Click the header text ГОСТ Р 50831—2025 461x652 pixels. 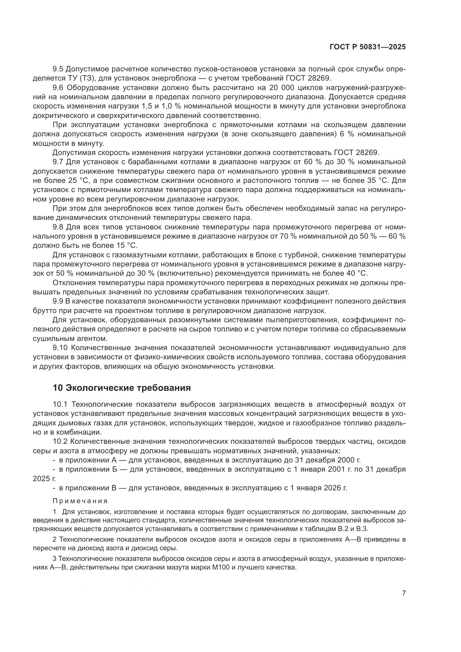click(x=368, y=47)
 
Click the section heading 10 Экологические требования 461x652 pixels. click(x=122, y=388)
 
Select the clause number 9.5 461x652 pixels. click(x=58, y=69)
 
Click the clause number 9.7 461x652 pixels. click(x=58, y=162)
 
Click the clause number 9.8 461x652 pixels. click(x=58, y=227)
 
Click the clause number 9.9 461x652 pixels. click(x=58, y=301)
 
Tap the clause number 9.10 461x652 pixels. click(x=60, y=348)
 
